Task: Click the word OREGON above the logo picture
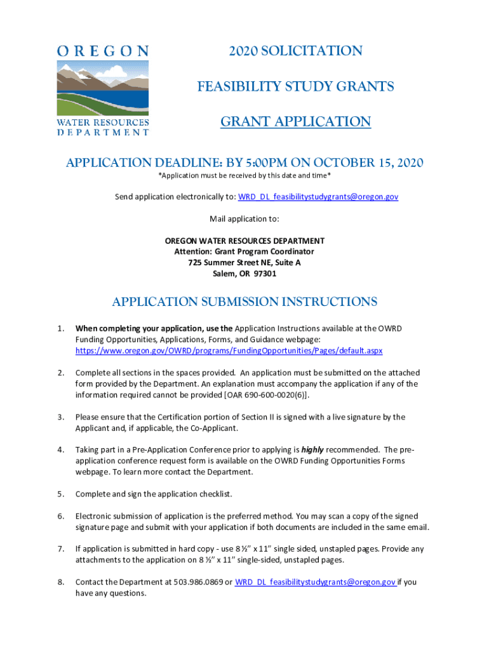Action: click(x=103, y=51)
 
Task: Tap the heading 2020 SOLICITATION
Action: click(x=295, y=51)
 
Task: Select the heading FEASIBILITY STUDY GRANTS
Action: click(x=295, y=86)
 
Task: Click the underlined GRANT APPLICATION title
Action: click(x=295, y=121)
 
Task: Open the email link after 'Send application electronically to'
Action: click(x=318, y=197)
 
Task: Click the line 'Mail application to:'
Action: click(x=245, y=219)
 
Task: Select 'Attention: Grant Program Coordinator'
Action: click(x=245, y=251)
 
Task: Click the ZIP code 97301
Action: click(x=265, y=274)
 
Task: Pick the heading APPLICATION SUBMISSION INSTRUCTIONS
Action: click(x=245, y=302)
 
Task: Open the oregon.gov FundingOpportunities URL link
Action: click(x=229, y=350)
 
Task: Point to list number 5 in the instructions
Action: click(x=60, y=494)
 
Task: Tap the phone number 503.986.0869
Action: click(x=194, y=582)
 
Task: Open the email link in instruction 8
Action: click(x=316, y=582)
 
